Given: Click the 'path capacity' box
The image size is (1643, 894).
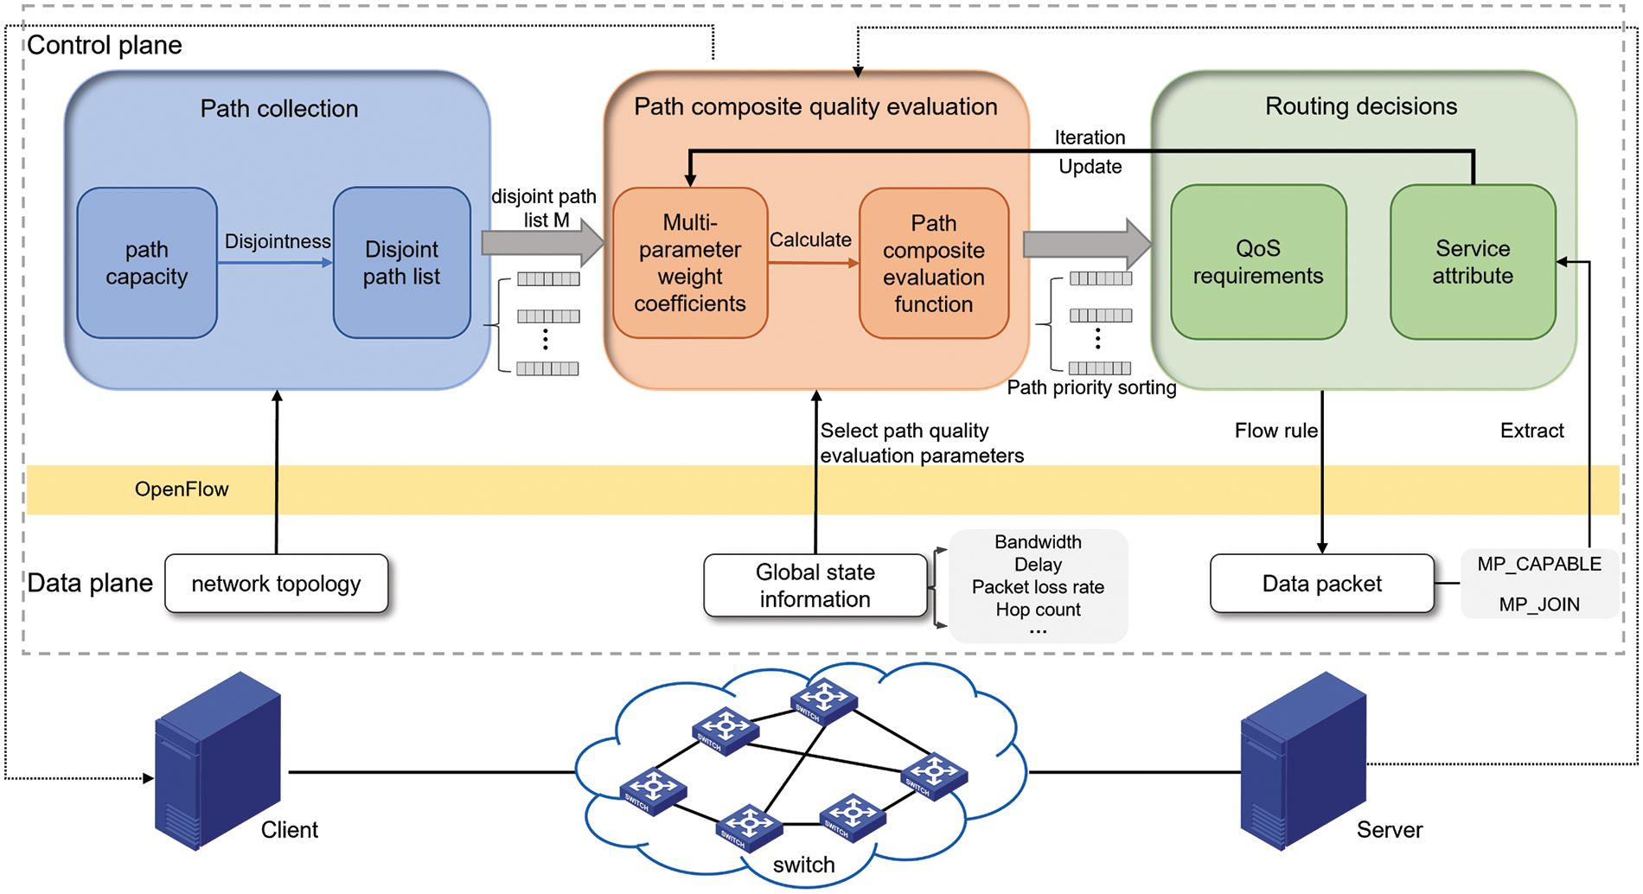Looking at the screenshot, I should (146, 263).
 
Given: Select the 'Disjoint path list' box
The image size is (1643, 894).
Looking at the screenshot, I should (401, 263).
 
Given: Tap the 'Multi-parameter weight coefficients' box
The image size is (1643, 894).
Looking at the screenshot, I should (689, 263).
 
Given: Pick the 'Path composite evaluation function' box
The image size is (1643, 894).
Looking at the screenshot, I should (933, 263).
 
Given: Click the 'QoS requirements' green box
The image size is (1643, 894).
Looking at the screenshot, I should (1257, 262).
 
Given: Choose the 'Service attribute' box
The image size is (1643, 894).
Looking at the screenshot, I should (1472, 262).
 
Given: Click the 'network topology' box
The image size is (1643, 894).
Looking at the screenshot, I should (276, 584).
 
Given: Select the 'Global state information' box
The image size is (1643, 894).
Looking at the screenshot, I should (815, 585).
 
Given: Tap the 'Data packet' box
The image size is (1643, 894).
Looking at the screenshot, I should (1321, 584).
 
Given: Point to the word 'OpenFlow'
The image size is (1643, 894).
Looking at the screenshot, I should (182, 489).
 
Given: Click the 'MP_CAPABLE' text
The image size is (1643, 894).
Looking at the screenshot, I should (1538, 564).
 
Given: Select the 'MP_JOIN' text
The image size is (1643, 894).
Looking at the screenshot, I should (1538, 604).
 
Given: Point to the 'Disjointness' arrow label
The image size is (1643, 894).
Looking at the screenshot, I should (278, 241).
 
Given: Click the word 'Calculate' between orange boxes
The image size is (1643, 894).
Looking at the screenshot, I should (810, 239).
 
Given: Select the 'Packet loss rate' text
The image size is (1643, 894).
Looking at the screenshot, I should (1038, 587).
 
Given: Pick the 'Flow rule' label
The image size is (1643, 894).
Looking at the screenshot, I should (1275, 431).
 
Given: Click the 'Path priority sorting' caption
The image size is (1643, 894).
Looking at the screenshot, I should (1091, 387).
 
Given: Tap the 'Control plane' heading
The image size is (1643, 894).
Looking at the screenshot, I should (105, 45).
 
